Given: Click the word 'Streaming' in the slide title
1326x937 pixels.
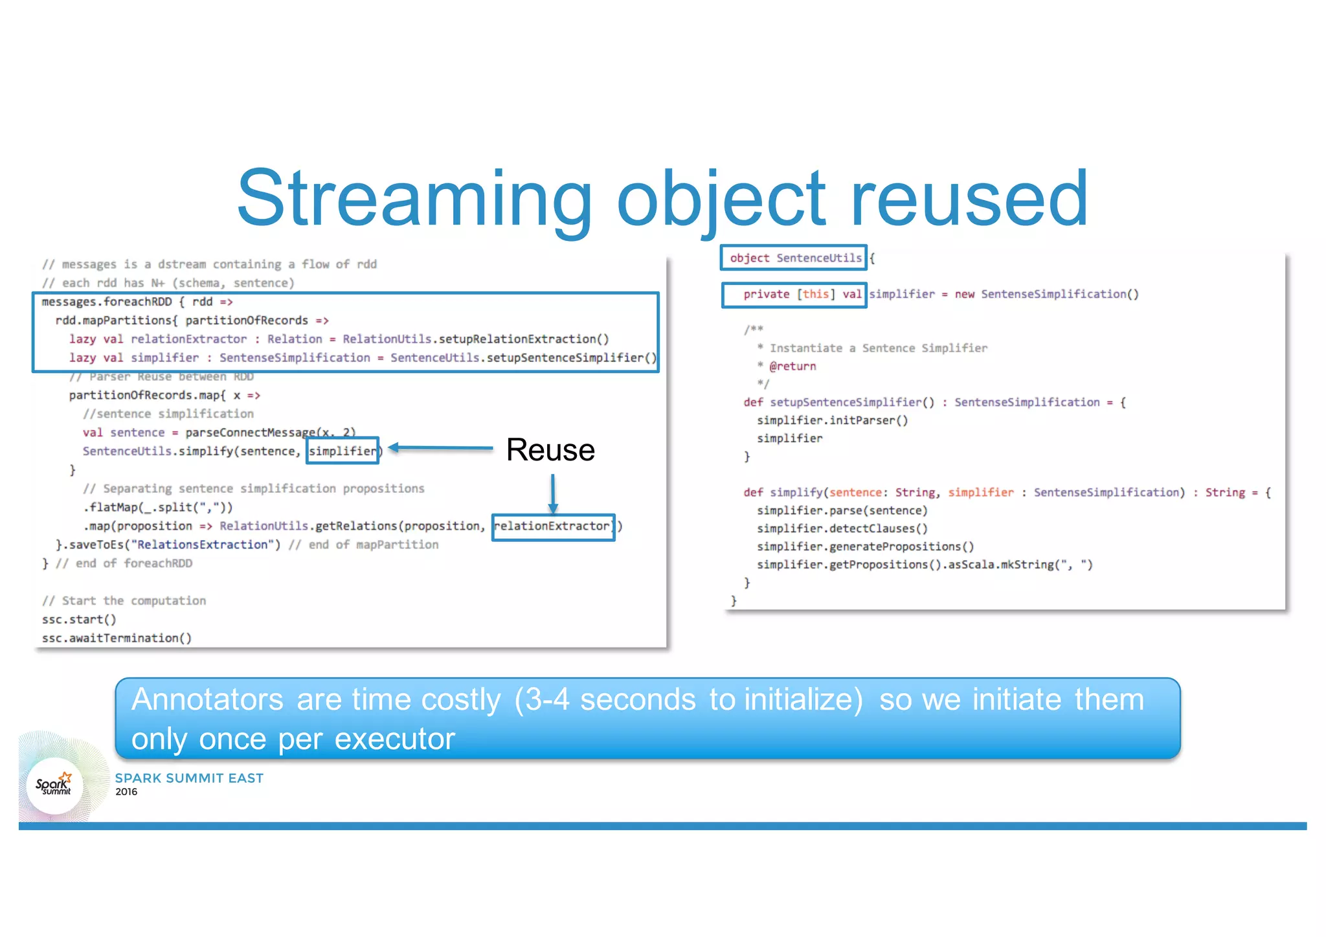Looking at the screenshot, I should [414, 199].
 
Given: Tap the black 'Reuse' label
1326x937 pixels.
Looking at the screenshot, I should [550, 450].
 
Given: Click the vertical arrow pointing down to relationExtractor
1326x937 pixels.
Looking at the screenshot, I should [553, 493].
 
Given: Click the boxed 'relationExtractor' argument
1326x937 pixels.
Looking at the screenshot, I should [553, 526].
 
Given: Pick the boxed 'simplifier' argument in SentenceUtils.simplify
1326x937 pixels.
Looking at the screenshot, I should [343, 451].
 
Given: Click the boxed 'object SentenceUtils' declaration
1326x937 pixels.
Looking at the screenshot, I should [794, 258].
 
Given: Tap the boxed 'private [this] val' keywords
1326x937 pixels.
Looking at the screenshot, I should [794, 295].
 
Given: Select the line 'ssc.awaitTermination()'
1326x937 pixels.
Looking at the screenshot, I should [117, 638].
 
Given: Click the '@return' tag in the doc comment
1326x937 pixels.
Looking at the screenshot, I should [792, 367].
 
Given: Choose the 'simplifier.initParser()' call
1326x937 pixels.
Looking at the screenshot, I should [832, 420].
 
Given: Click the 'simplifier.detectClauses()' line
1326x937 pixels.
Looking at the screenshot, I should [842, 528].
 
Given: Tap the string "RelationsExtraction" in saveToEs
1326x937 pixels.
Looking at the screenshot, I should [199, 545].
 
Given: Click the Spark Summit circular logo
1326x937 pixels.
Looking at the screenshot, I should [54, 785].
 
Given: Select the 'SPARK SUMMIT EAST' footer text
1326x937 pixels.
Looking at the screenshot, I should [189, 778].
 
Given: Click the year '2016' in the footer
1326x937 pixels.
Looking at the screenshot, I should [126, 792].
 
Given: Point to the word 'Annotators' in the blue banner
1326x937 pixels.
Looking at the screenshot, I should [207, 700].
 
